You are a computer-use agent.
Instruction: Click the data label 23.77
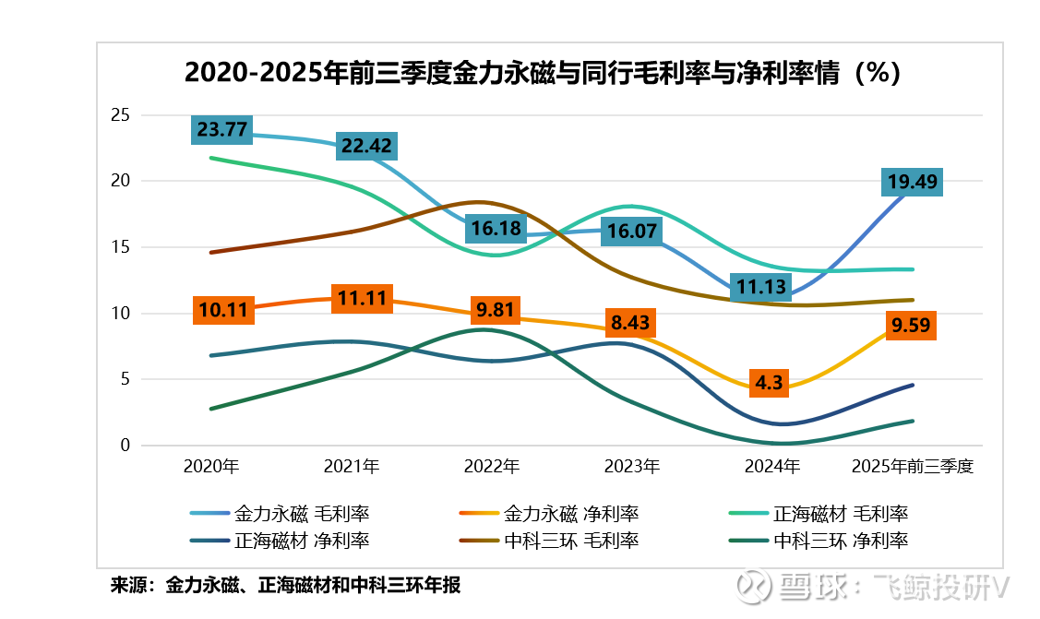click(x=222, y=129)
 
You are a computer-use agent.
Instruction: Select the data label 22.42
click(x=366, y=146)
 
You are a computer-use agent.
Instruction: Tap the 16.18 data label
click(x=496, y=229)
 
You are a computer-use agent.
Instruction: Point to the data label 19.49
click(x=912, y=182)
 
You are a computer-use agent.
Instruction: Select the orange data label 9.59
click(x=911, y=325)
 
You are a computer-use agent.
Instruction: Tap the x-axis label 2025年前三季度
click(x=913, y=467)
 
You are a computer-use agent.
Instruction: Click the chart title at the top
click(x=542, y=73)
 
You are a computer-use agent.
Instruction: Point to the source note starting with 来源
click(x=285, y=585)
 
